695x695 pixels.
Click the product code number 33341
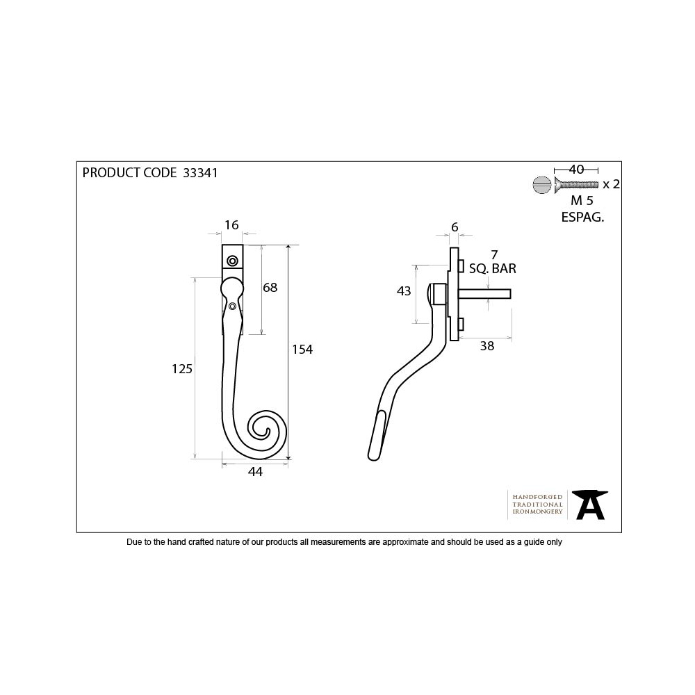pyautogui.click(x=199, y=173)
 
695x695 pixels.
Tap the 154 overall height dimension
pyautogui.click(x=302, y=350)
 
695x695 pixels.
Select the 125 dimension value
pyautogui.click(x=181, y=369)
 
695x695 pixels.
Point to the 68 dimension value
pyautogui.click(x=269, y=288)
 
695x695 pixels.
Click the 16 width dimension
pyautogui.click(x=231, y=224)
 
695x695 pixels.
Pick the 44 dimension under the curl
pyautogui.click(x=255, y=472)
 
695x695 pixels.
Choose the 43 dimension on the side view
pyautogui.click(x=404, y=292)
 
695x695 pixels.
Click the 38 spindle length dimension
pyautogui.click(x=487, y=346)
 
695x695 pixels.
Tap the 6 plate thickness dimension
pyautogui.click(x=455, y=227)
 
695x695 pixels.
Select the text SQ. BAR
pyautogui.click(x=493, y=268)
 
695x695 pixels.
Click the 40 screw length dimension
pyautogui.click(x=576, y=169)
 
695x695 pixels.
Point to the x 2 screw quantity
pyautogui.click(x=611, y=184)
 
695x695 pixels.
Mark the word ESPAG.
pyautogui.click(x=582, y=216)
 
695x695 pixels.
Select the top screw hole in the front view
pyautogui.click(x=232, y=261)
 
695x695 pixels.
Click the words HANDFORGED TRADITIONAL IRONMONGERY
pyautogui.click(x=537, y=504)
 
